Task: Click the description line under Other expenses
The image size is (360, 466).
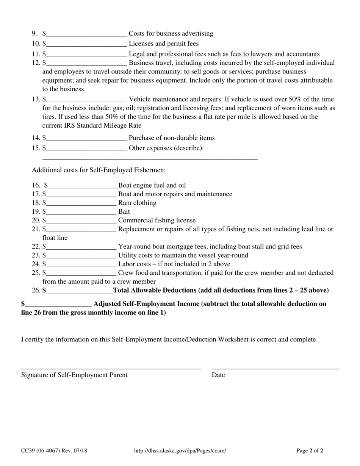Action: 150,158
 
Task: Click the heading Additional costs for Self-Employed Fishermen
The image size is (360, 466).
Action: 99,170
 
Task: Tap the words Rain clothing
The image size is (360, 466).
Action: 137,203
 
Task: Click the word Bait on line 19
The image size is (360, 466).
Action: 124,211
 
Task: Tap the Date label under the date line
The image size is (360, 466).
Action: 218,375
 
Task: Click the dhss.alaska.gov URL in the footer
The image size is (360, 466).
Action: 180,451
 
